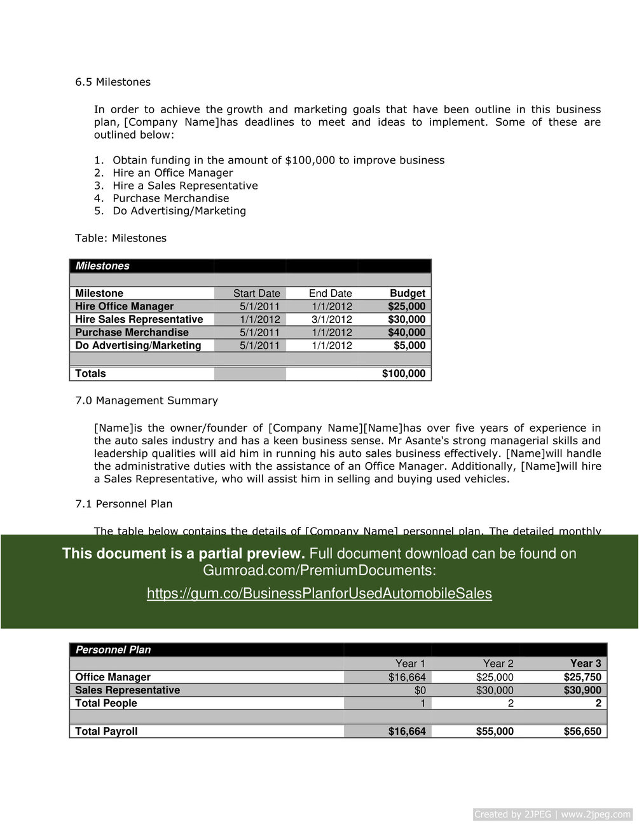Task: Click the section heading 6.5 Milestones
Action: (113, 82)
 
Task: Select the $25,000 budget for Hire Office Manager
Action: (406, 306)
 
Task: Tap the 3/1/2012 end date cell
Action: (331, 320)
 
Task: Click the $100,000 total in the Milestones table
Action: (403, 374)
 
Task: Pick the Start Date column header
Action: (256, 294)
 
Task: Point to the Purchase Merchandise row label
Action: (132, 332)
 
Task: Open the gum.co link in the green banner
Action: (319, 594)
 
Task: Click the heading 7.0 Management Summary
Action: (146, 400)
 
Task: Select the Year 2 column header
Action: (498, 664)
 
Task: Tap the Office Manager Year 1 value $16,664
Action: (407, 678)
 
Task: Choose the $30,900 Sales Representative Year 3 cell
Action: (582, 690)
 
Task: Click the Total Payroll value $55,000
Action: (495, 732)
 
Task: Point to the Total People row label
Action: (106, 703)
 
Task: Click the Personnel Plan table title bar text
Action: (113, 650)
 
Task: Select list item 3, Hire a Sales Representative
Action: (185, 186)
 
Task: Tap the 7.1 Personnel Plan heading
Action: (123, 504)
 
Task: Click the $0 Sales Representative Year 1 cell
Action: (420, 690)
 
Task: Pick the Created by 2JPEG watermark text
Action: (553, 814)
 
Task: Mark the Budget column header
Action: (407, 294)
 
